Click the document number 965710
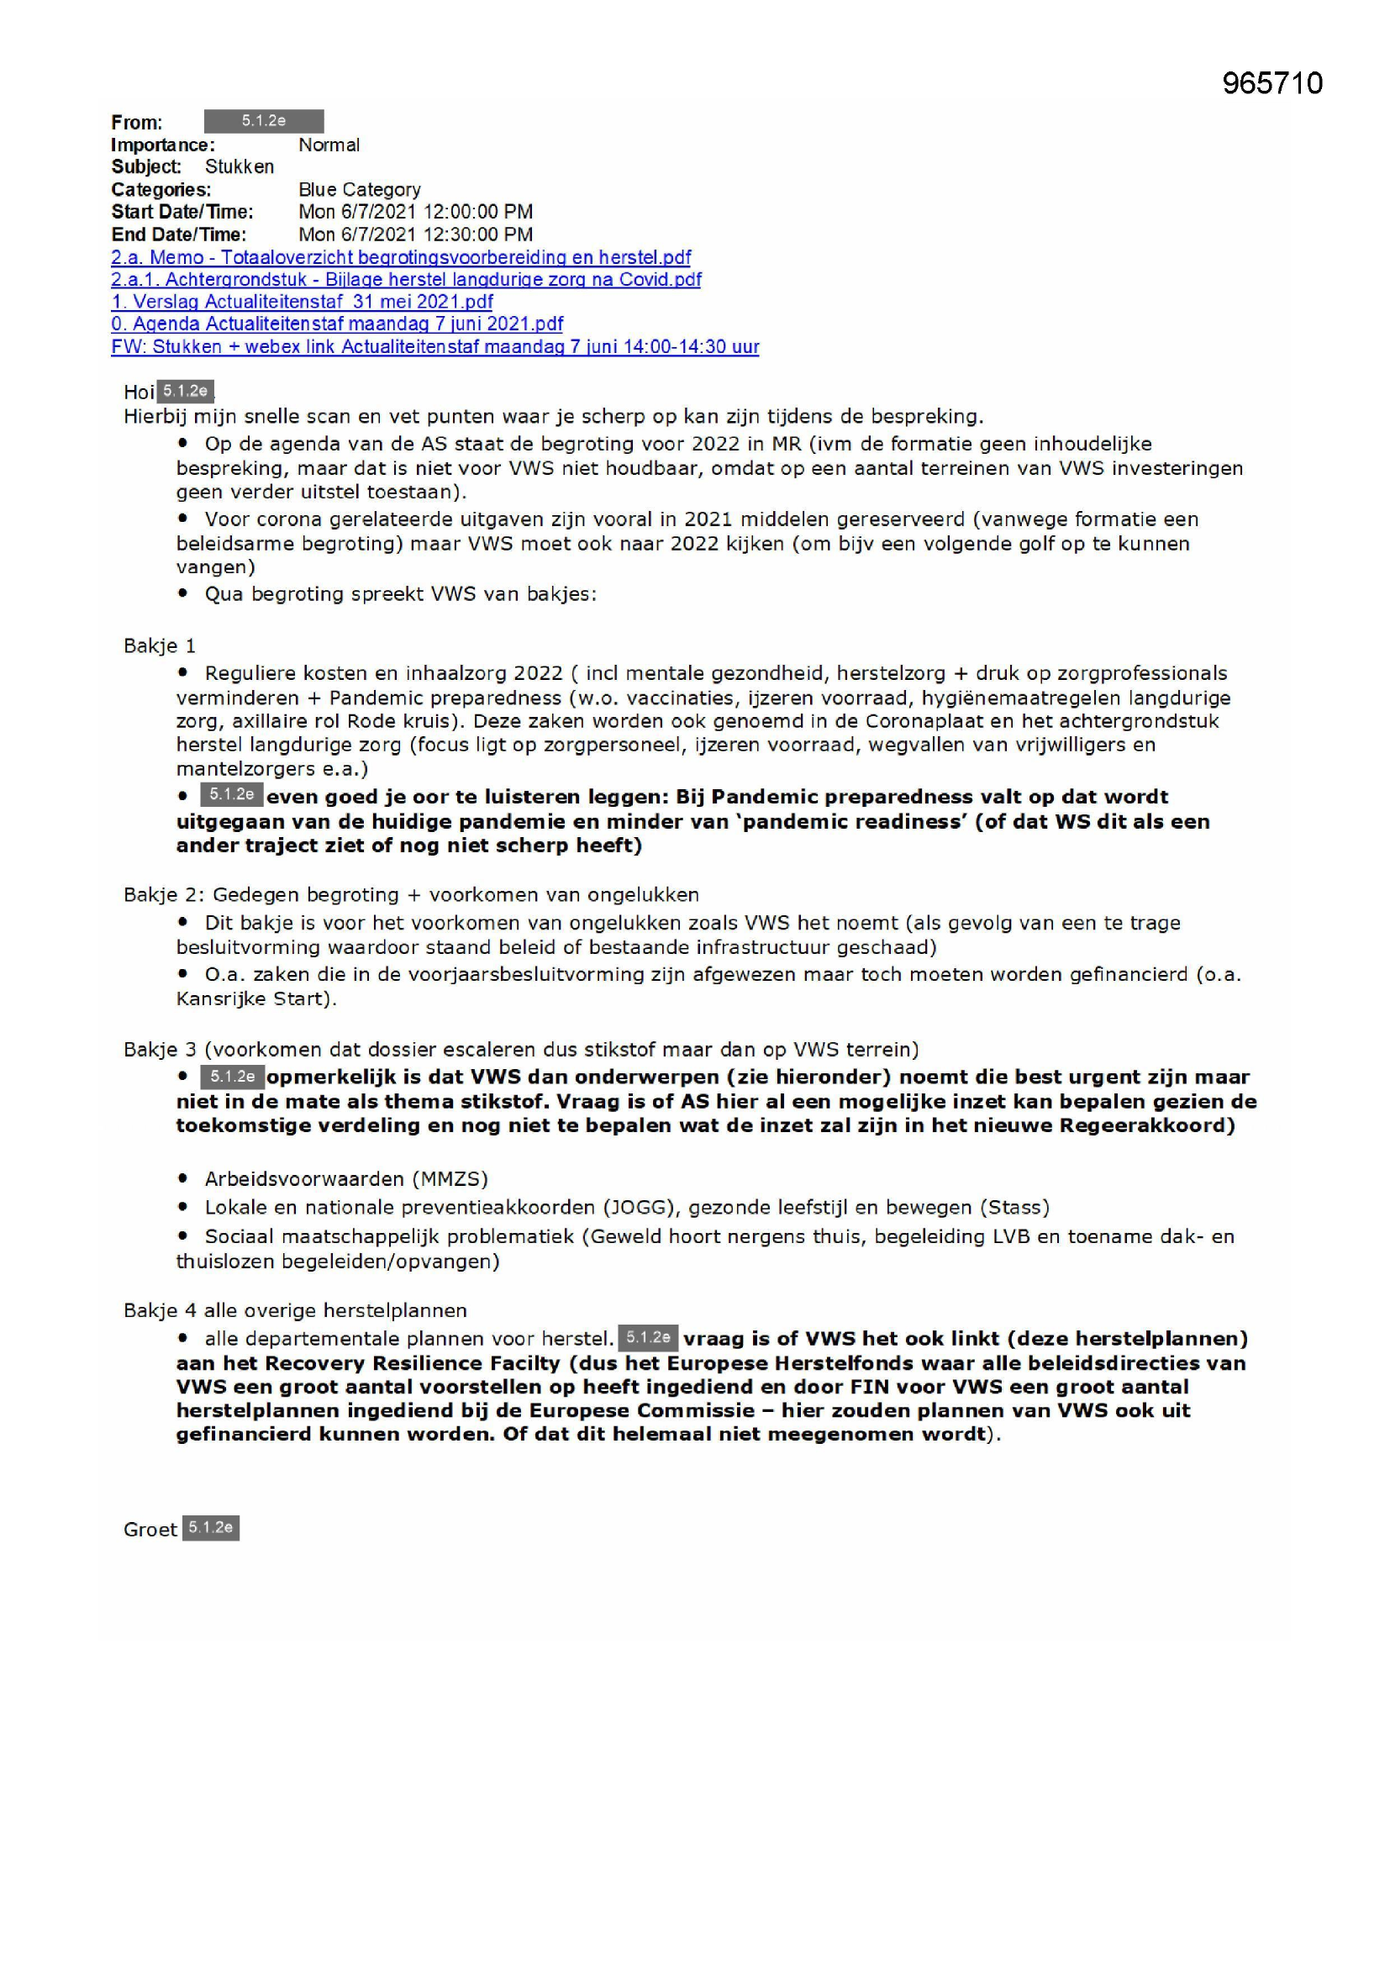1272,83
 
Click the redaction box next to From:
264,121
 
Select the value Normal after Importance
329,145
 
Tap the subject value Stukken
240,167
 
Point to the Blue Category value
360,189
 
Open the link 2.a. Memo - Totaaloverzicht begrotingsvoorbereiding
401,256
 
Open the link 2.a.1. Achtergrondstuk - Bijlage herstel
406,279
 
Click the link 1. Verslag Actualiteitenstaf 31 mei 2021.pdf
303,301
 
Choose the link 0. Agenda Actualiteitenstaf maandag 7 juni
337,324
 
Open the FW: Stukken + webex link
434,346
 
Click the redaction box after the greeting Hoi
186,391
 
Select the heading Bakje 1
160,645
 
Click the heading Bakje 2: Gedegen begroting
411,894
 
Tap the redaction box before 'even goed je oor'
232,794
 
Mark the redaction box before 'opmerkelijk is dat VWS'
232,1076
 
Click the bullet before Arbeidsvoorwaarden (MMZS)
183,1178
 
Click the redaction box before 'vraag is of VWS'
648,1337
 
